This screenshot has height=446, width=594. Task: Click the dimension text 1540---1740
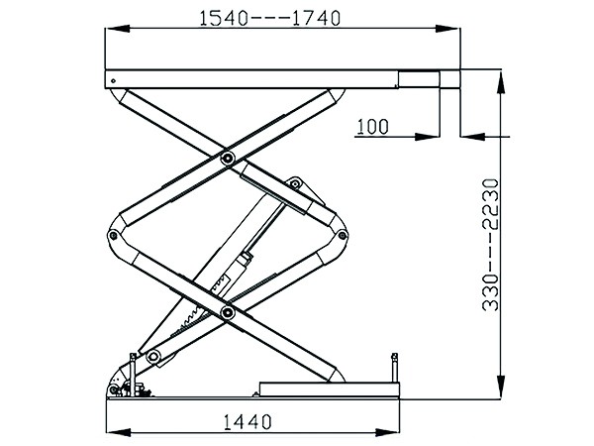point(269,18)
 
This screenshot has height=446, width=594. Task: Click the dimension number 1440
point(247,422)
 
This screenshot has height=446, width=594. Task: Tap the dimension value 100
point(373,127)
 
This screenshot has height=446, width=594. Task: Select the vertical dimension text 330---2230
point(491,245)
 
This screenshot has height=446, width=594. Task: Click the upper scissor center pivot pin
point(228,157)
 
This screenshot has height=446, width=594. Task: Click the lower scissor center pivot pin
point(228,312)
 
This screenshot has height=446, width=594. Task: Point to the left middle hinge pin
point(113,236)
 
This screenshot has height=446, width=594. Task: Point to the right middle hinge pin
point(343,236)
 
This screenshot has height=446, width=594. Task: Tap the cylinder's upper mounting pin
point(294,184)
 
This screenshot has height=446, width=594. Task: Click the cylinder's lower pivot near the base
point(153,356)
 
